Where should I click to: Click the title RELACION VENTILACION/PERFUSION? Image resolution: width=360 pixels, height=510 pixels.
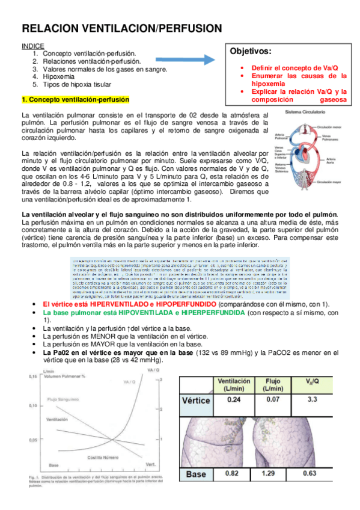pos(122,28)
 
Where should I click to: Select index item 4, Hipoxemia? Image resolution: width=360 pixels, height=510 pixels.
pos(59,77)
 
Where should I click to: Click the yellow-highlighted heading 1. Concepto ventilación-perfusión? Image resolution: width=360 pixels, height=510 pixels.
pos(75,99)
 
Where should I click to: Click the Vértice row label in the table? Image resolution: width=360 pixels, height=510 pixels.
pos(196,400)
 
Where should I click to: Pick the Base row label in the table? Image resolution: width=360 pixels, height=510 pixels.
pos(197,474)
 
